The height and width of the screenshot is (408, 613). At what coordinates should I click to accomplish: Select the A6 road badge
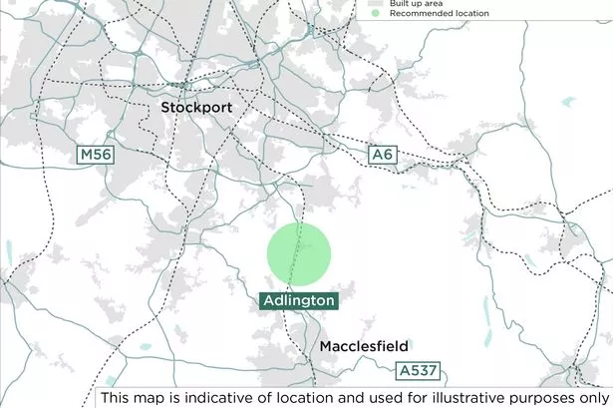pyautogui.click(x=383, y=155)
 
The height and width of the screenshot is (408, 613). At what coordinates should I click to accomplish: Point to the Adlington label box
pyautogui.click(x=298, y=300)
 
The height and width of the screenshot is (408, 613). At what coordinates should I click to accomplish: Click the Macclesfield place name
pyautogui.click(x=364, y=346)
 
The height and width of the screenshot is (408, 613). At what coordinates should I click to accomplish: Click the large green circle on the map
pyautogui.click(x=298, y=253)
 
